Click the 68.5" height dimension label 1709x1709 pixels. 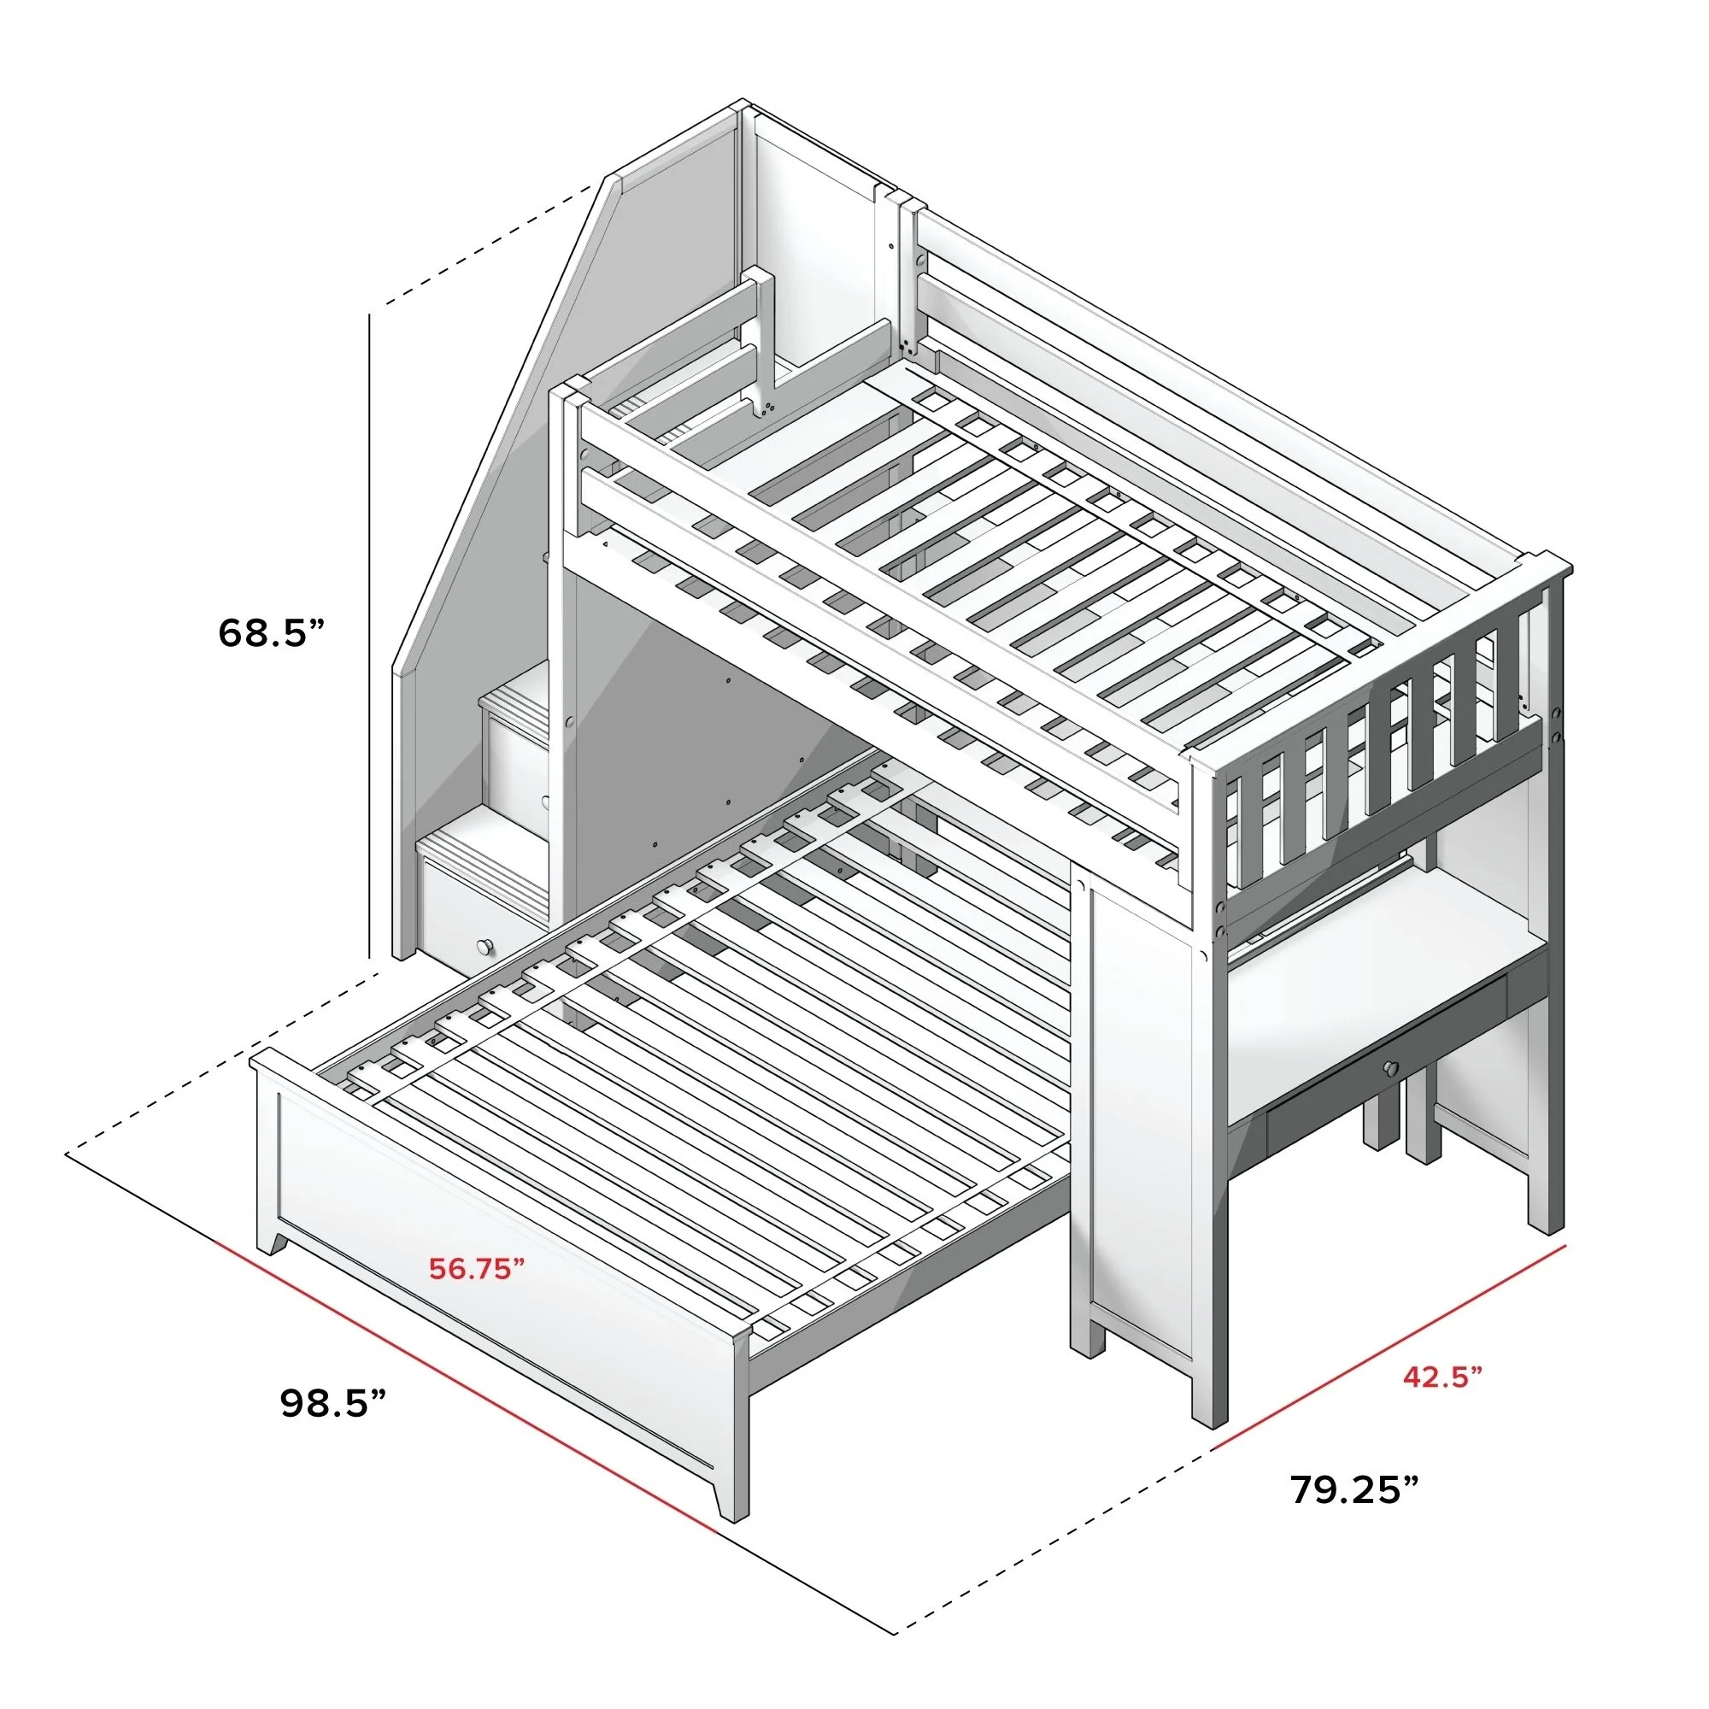pos(272,632)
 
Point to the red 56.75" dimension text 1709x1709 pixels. pos(477,1267)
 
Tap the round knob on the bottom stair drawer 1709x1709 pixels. pos(485,947)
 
